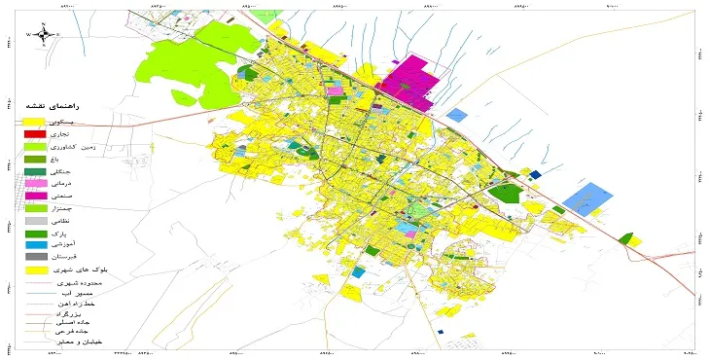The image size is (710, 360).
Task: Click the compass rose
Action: [x=45, y=34]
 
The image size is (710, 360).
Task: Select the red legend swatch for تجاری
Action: [x=32, y=133]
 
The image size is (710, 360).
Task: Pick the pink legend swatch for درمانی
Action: [x=32, y=183]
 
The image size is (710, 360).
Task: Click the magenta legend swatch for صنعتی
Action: [x=32, y=196]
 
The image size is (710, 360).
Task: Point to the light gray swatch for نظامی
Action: [x=32, y=221]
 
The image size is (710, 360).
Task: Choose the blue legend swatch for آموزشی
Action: [x=32, y=244]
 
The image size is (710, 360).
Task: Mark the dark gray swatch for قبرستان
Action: [x=32, y=256]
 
